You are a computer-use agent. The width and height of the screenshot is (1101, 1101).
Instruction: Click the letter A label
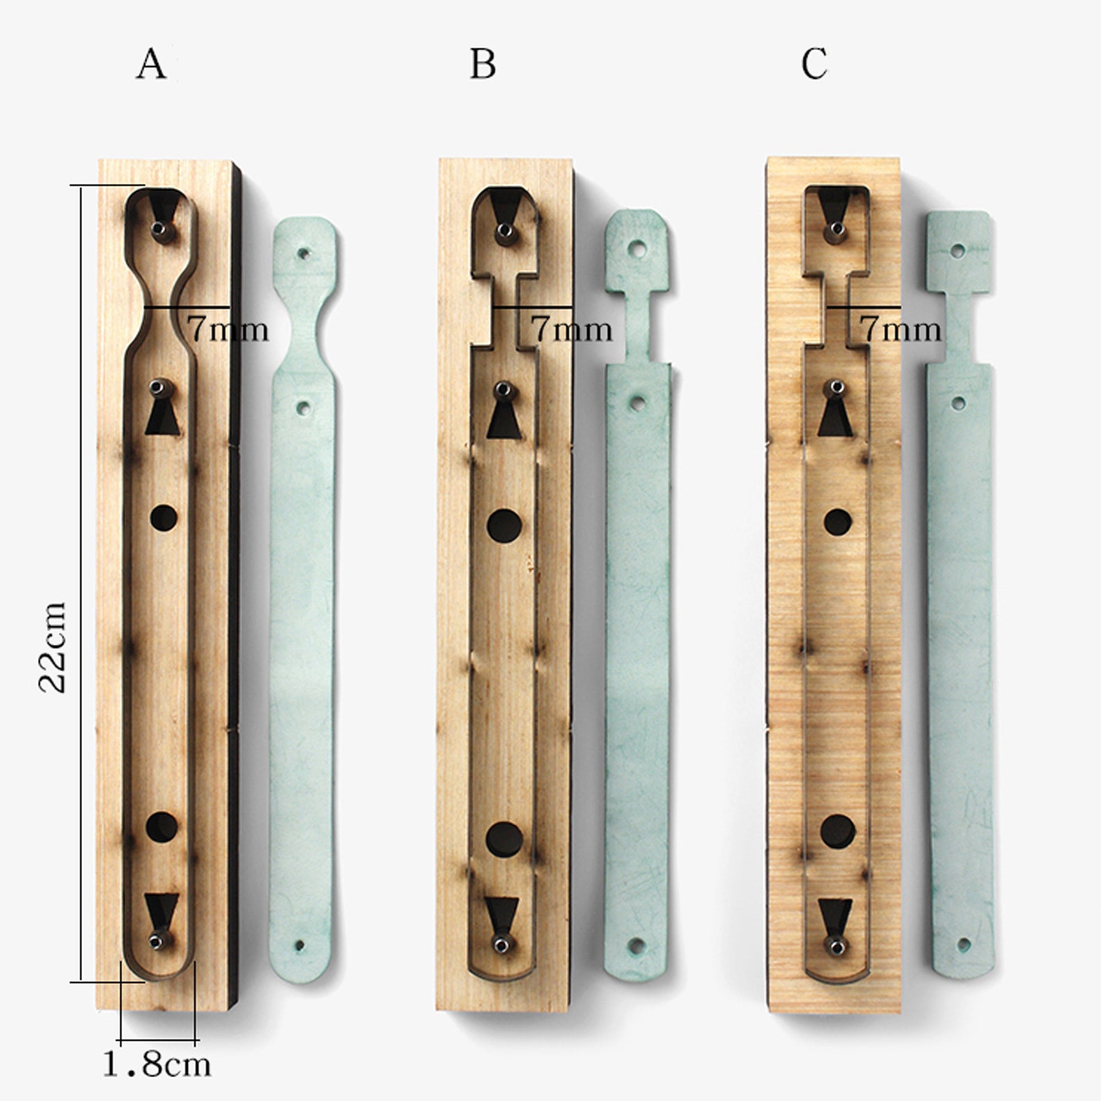click(152, 64)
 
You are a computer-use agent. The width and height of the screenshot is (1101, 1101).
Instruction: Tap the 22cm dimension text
click(52, 647)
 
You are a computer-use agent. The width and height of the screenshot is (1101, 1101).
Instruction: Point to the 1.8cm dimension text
click(157, 1064)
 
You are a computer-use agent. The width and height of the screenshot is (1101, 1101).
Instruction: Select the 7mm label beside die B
click(572, 328)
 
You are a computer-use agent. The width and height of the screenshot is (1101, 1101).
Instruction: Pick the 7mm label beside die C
click(901, 328)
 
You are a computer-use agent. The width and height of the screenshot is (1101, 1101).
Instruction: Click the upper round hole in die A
click(164, 517)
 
